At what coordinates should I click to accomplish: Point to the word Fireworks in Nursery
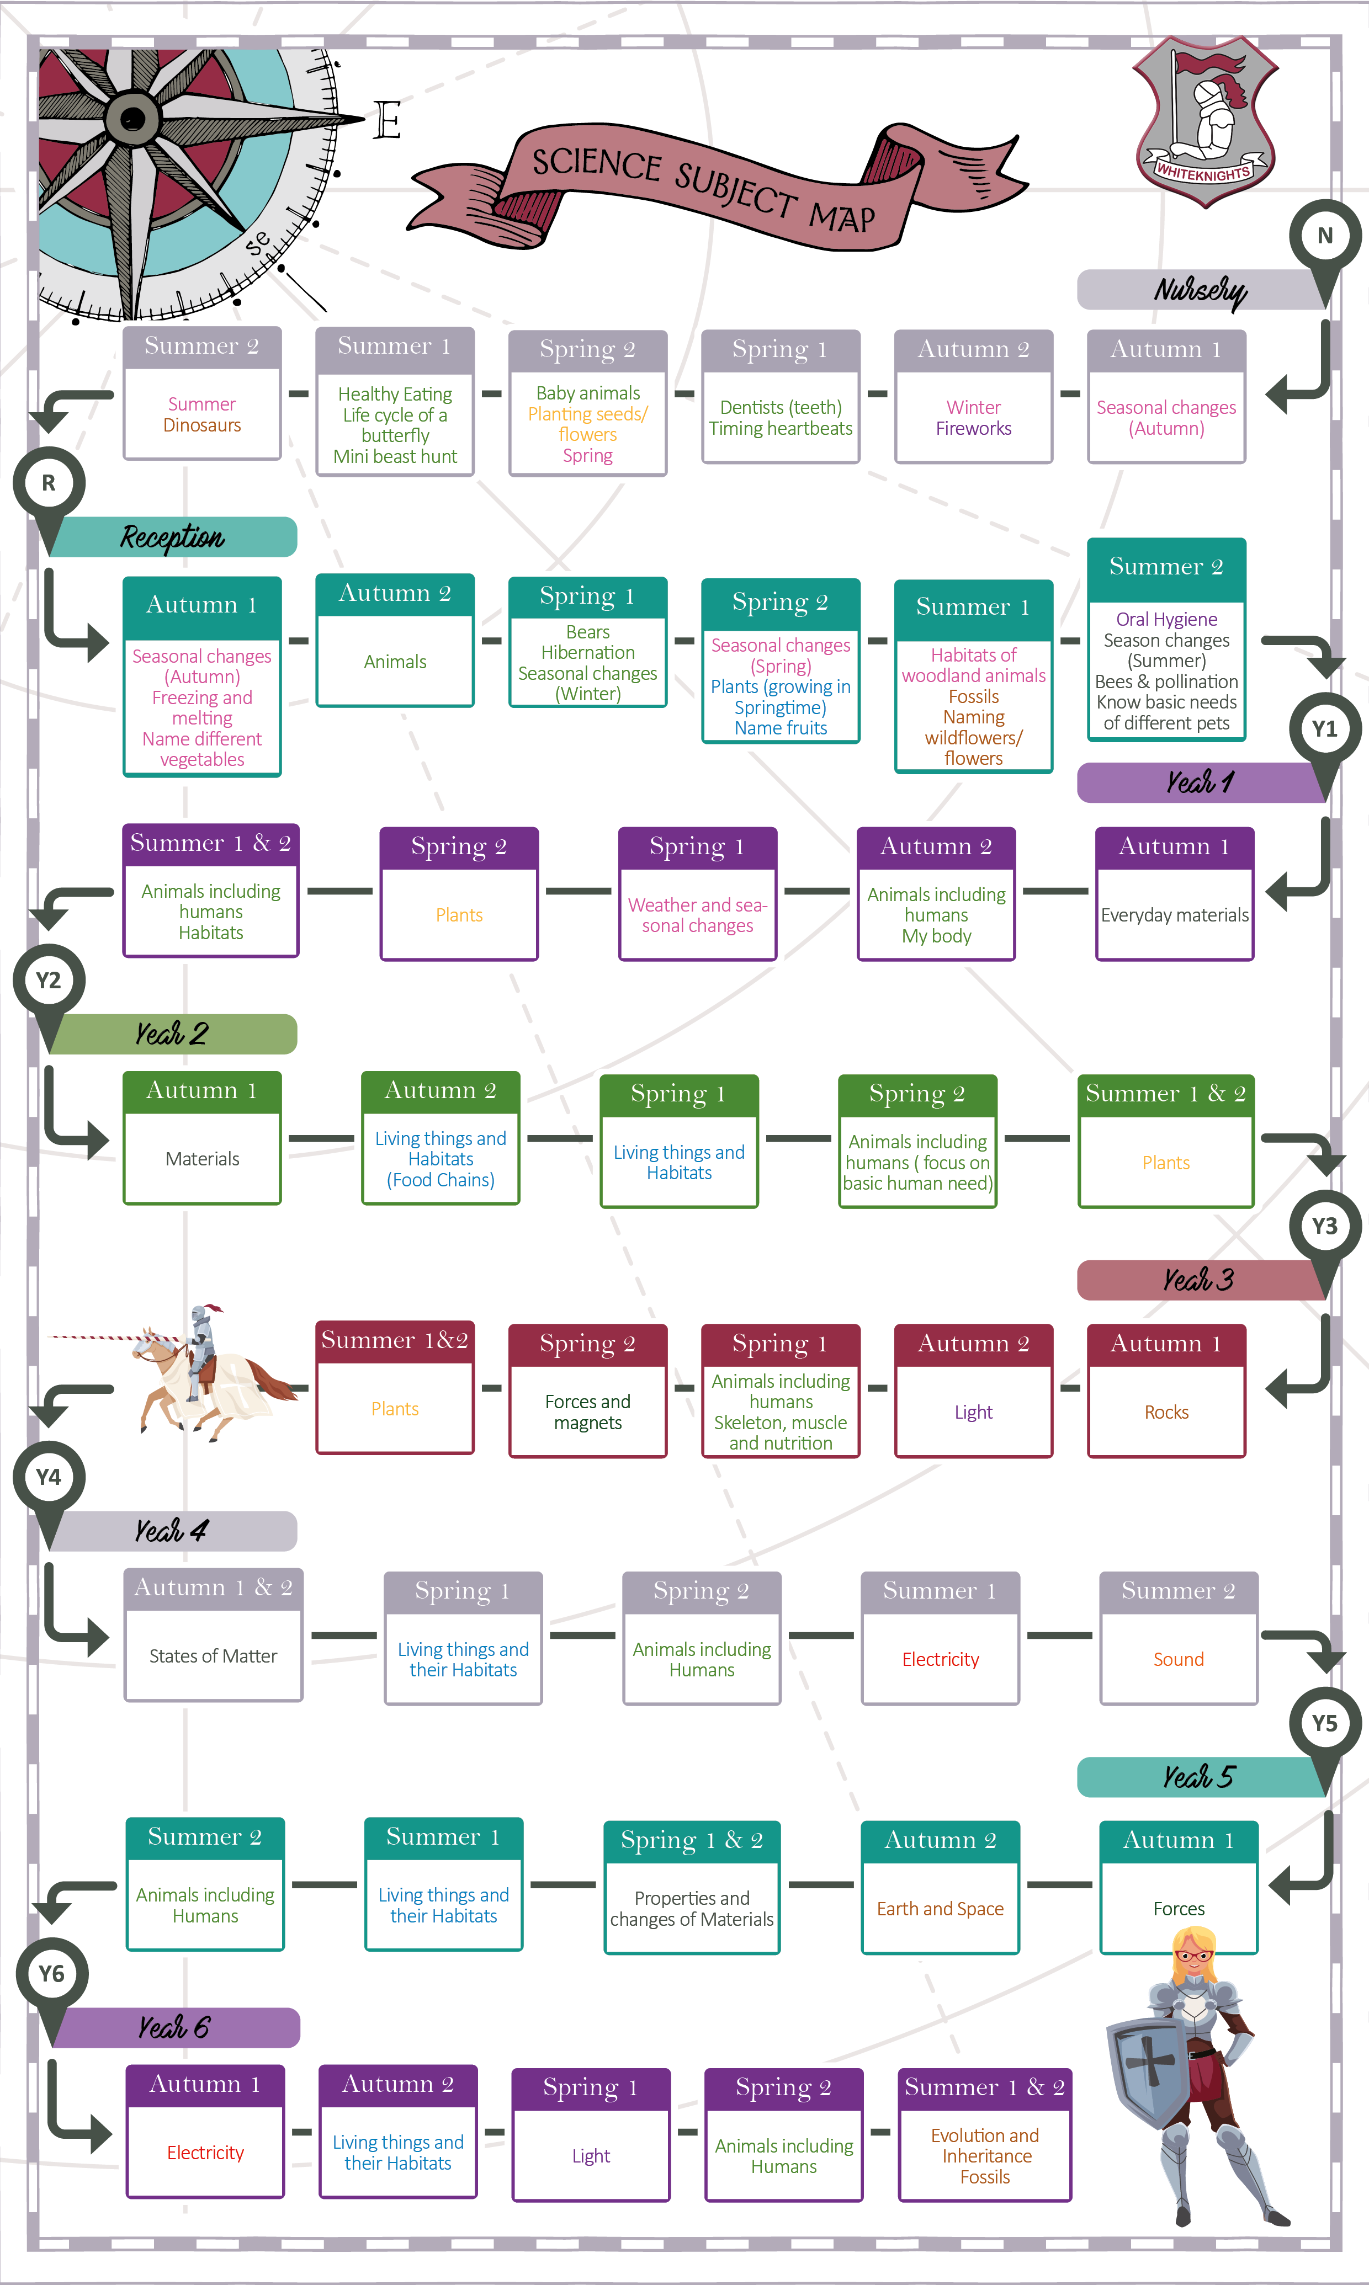point(973,429)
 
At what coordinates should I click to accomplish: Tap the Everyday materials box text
point(1174,915)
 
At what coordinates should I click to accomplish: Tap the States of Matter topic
point(213,1656)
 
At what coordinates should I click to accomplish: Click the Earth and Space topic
point(940,1909)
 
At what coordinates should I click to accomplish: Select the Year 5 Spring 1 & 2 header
point(692,1841)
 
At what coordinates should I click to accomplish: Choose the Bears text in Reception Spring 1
point(588,632)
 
